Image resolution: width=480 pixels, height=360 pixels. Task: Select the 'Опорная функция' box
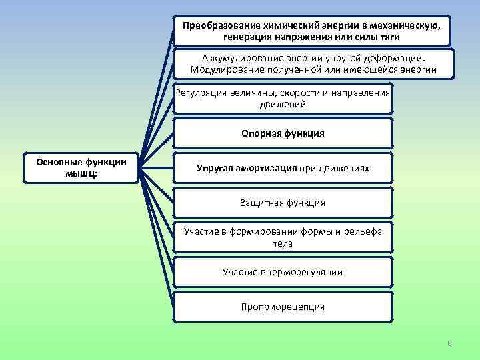[x=283, y=133]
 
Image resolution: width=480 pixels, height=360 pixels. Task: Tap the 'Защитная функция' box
[x=283, y=203]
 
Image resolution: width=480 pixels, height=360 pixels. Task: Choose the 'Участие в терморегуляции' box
[x=283, y=272]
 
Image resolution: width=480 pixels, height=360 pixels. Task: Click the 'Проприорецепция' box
[x=283, y=307]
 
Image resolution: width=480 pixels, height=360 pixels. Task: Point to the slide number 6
[x=449, y=343]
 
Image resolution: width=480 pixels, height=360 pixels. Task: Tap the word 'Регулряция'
[x=202, y=93]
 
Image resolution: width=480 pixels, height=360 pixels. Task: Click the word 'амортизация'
[x=265, y=168]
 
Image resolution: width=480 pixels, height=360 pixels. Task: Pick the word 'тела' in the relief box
[x=283, y=243]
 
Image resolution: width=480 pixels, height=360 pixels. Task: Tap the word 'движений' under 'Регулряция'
[x=283, y=105]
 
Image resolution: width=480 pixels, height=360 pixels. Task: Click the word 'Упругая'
[x=213, y=168]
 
